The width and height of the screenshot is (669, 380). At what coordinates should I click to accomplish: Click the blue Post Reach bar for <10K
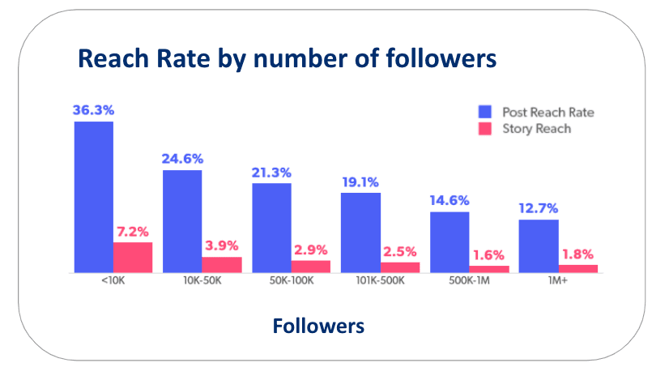pyautogui.click(x=93, y=197)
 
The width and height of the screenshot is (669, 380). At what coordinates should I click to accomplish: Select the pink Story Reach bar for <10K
pyautogui.click(x=133, y=257)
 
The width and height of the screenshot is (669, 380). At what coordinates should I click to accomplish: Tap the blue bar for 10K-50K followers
pyautogui.click(x=182, y=221)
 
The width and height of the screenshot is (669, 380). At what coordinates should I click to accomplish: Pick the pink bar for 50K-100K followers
pyautogui.click(x=311, y=266)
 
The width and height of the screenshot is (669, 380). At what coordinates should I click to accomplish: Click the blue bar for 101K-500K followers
pyautogui.click(x=360, y=233)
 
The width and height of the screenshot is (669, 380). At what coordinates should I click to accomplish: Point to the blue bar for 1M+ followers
pyautogui.click(x=539, y=246)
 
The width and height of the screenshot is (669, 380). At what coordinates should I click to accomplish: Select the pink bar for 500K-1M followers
pyautogui.click(x=489, y=268)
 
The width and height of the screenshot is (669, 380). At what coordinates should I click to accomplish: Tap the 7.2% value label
pyautogui.click(x=133, y=232)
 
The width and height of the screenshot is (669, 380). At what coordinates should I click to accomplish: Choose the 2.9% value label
pyautogui.click(x=311, y=250)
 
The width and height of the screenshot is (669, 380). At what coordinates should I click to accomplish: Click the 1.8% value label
pyautogui.click(x=578, y=254)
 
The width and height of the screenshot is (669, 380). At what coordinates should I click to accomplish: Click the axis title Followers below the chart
pyautogui.click(x=318, y=327)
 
